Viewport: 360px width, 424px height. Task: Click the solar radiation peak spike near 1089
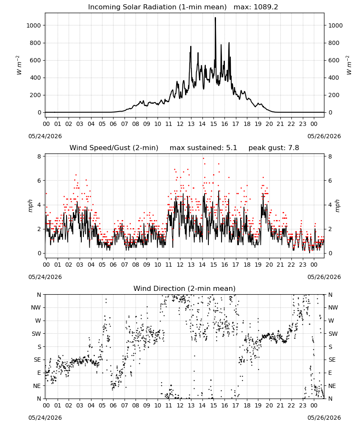(x=215, y=18)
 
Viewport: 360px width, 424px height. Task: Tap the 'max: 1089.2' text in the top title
(x=256, y=7)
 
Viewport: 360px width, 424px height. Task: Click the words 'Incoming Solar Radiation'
(x=132, y=7)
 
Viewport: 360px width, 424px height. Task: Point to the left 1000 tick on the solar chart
(x=33, y=25)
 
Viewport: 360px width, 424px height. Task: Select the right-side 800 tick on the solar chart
(x=334, y=43)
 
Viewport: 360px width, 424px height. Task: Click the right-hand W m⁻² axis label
(x=349, y=65)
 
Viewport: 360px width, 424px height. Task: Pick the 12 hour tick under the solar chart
(x=180, y=124)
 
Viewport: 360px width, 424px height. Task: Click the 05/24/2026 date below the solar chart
(x=45, y=136)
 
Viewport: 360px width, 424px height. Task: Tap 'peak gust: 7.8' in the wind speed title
(x=274, y=148)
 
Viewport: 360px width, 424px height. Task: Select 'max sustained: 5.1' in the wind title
(x=203, y=148)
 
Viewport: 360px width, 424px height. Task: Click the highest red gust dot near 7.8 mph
(x=203, y=159)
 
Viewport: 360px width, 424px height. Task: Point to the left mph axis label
(x=30, y=206)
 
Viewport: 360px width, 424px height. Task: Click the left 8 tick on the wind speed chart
(x=39, y=156)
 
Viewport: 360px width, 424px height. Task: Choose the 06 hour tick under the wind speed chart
(x=113, y=265)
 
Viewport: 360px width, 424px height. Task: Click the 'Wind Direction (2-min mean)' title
(x=185, y=288)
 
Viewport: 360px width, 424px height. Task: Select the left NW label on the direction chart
(x=36, y=307)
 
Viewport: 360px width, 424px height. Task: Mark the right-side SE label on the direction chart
(x=332, y=360)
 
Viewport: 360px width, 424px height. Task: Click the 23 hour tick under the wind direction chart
(x=302, y=405)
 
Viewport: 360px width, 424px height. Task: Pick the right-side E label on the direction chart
(x=330, y=373)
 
